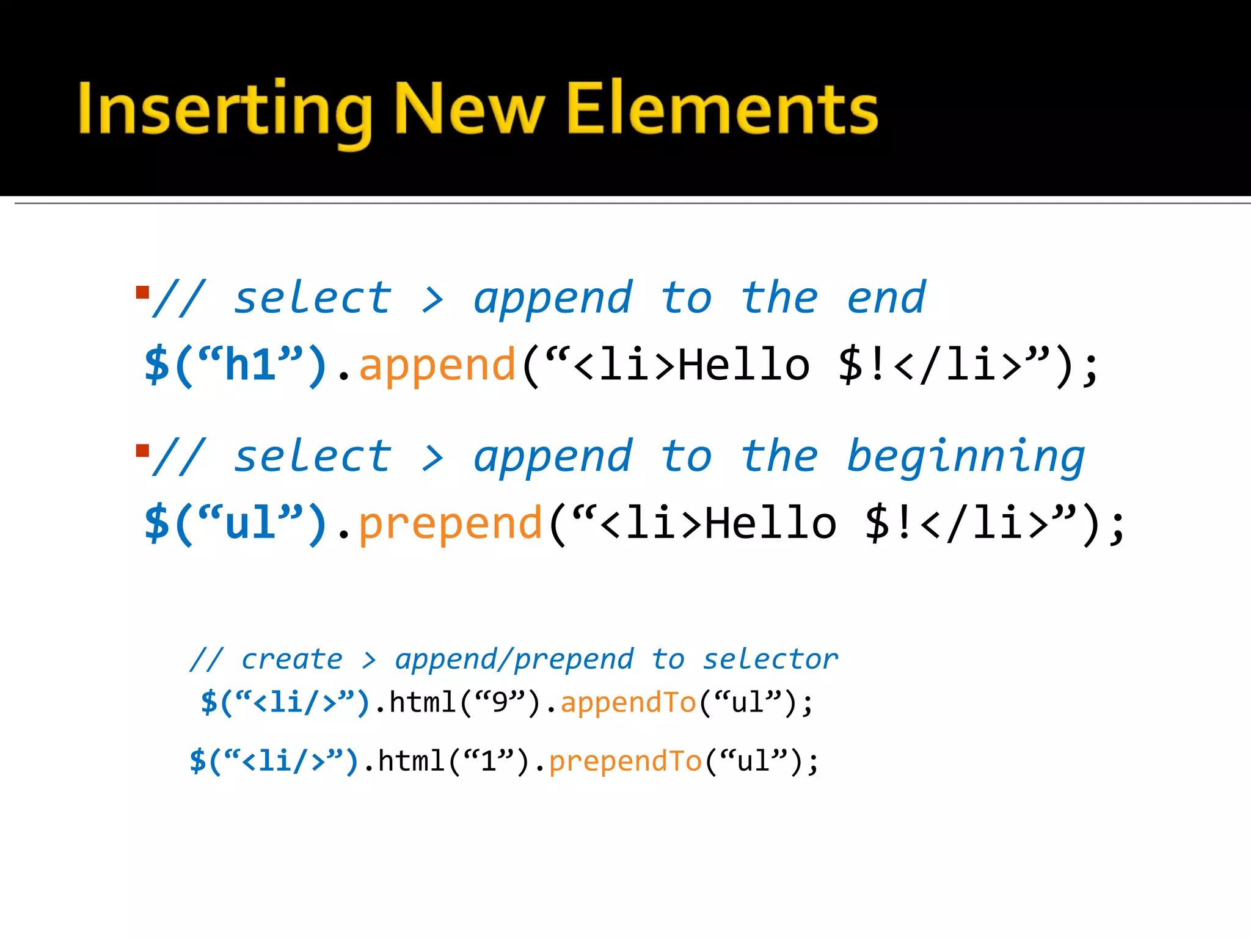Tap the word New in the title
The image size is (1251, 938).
pos(470,109)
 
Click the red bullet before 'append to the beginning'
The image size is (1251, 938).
pos(143,451)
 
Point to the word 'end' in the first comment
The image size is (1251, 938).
pos(886,299)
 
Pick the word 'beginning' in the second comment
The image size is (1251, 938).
pos(966,458)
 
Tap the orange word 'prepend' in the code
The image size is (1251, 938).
pos(450,524)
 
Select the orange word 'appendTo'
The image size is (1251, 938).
pos(629,702)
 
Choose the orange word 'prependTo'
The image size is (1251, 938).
pos(625,762)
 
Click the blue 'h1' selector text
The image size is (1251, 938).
pos(251,365)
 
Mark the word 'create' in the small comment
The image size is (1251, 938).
pos(292,660)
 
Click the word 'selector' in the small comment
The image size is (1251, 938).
pos(770,660)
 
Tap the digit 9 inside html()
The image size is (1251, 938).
pos(500,703)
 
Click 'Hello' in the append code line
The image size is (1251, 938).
pos(744,365)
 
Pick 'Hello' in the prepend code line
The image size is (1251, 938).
pos(770,524)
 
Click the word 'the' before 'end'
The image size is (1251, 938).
pos(779,299)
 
